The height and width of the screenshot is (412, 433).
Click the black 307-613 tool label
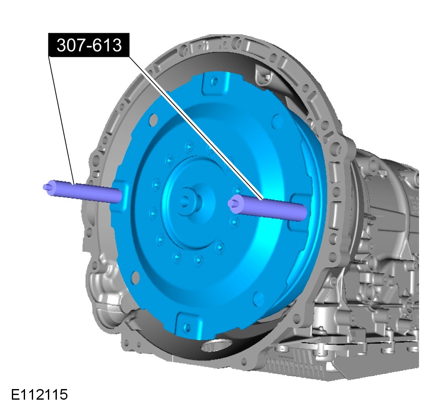pyautogui.click(x=89, y=45)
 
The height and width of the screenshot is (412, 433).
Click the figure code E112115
pyautogui.click(x=39, y=394)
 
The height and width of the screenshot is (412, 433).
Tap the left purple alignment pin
pyautogui.click(x=82, y=191)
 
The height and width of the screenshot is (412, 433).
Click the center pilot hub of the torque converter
pyautogui.click(x=189, y=200)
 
